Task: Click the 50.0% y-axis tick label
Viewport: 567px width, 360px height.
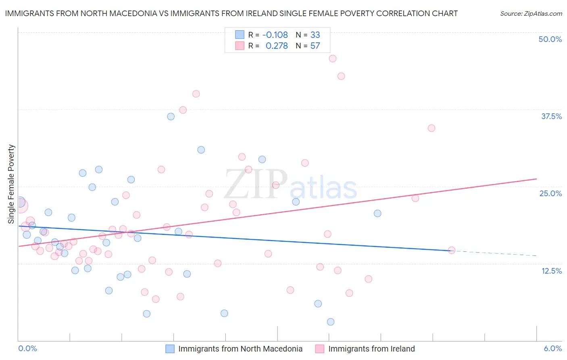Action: (x=550, y=39)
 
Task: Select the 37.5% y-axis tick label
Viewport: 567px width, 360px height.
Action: (x=551, y=116)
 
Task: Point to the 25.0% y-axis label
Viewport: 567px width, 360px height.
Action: (x=550, y=193)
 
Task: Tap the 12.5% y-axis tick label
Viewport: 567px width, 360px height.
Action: (x=551, y=271)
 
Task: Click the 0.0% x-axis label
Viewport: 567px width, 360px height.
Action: (x=27, y=348)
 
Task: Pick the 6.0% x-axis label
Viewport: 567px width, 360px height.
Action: (x=552, y=348)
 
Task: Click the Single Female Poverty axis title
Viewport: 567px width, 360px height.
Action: (x=11, y=184)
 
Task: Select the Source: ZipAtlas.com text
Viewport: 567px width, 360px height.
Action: (x=531, y=14)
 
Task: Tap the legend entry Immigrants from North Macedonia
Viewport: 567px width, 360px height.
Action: (x=240, y=349)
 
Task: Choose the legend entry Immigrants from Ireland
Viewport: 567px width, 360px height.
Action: (x=371, y=349)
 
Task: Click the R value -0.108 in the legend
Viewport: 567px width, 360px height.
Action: (x=275, y=35)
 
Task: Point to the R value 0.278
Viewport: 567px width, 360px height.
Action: (x=277, y=46)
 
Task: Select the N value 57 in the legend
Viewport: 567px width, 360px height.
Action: (x=315, y=46)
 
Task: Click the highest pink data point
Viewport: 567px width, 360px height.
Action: (x=333, y=59)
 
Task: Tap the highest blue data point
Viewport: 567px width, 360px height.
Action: (x=171, y=117)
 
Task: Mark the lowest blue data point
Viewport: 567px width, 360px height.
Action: (x=331, y=322)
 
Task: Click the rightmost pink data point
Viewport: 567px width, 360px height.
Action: (x=452, y=250)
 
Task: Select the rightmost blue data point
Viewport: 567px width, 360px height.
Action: (x=377, y=213)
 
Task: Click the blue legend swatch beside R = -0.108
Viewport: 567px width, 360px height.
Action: (x=240, y=35)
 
